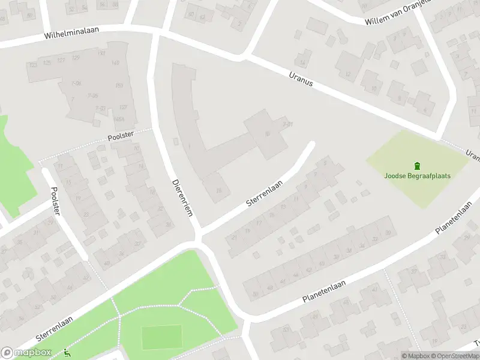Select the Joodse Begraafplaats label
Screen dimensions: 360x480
417,176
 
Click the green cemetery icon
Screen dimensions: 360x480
417,166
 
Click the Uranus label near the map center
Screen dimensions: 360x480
301,79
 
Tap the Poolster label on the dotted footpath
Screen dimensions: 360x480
121,136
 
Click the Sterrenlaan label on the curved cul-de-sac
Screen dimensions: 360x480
264,195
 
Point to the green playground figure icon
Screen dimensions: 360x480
67,354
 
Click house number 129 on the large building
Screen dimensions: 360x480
76,58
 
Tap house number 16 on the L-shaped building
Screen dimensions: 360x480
219,191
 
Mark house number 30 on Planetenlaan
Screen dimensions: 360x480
388,233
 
